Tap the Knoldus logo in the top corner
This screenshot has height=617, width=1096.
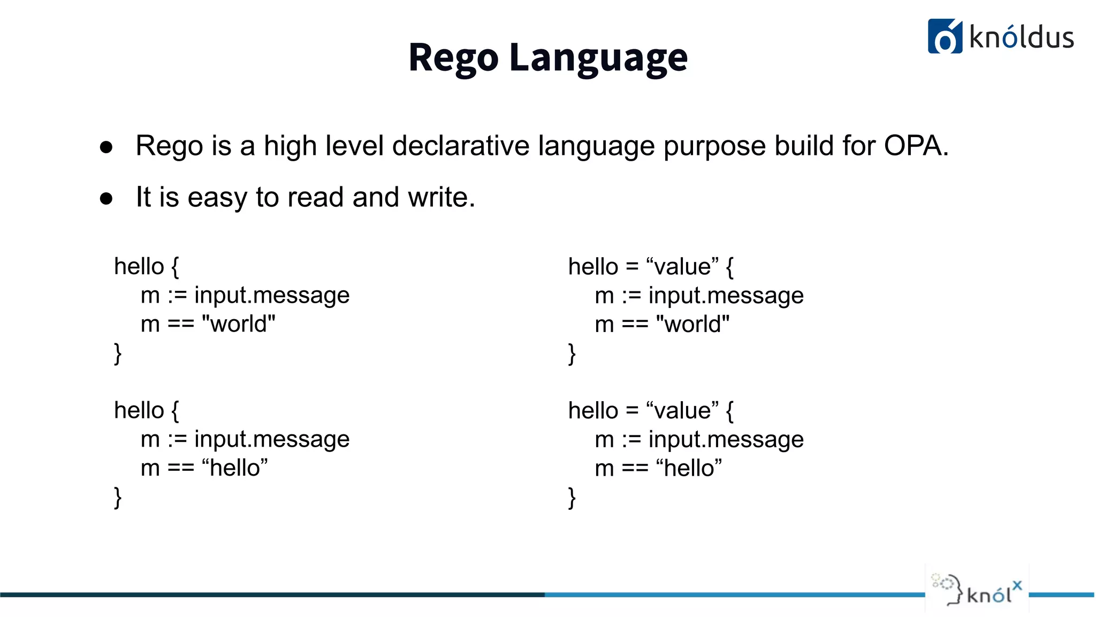pos(1000,36)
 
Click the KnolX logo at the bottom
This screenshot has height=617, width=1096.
pos(977,589)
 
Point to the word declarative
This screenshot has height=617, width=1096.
pos(461,146)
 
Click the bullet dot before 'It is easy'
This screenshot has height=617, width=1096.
pos(106,199)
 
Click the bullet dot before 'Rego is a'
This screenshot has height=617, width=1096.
pos(106,147)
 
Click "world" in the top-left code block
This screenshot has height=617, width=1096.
pos(239,324)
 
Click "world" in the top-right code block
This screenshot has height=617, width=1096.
pos(693,325)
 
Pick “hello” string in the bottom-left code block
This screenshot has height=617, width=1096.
pos(234,468)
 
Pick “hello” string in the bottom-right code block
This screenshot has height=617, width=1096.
pos(689,468)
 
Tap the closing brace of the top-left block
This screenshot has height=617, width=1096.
pos(118,353)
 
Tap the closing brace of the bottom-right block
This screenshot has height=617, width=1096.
pos(572,498)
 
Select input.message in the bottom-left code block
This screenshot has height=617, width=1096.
pos(272,439)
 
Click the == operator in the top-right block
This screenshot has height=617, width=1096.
pos(635,325)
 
